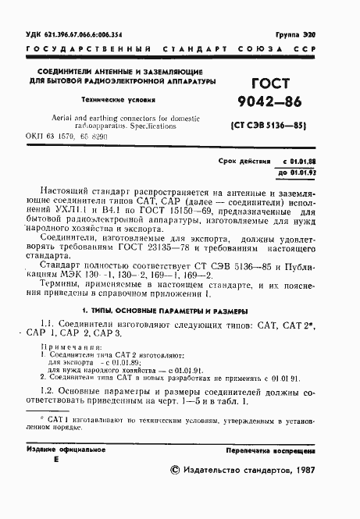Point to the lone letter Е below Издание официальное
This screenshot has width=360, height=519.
pos(55,462)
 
